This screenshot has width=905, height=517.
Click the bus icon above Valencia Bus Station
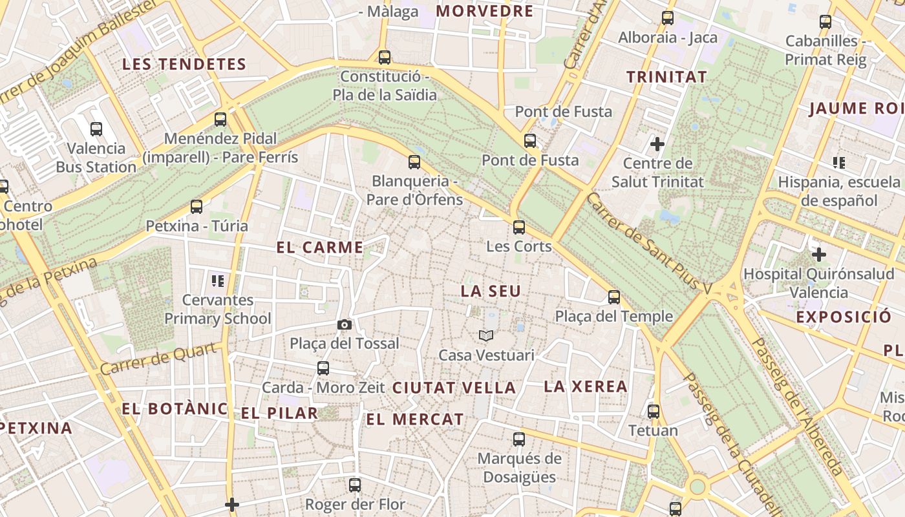tap(96, 129)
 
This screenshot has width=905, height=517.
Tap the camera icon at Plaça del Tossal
tap(345, 324)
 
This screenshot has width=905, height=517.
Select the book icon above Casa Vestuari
tap(486, 335)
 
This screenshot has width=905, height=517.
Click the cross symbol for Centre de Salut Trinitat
tap(657, 143)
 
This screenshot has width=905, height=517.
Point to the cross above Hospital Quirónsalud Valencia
tap(819, 255)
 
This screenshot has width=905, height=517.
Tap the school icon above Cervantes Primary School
tap(217, 280)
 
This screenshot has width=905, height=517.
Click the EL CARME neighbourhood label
tap(320, 248)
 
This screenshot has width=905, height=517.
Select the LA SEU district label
tap(491, 291)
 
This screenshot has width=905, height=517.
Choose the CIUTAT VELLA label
tap(454, 388)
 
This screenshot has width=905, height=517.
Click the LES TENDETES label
tap(184, 64)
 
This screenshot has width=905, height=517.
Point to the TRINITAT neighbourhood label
tap(666, 77)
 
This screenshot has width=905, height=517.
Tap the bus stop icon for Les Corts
tap(519, 227)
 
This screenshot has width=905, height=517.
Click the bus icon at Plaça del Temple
tap(614, 297)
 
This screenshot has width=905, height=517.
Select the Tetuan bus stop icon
tap(654, 411)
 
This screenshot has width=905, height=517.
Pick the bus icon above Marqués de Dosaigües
tap(518, 439)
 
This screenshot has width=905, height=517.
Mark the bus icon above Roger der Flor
tap(354, 485)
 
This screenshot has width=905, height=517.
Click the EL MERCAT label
tap(415, 419)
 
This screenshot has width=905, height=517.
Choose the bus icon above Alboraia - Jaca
tap(668, 18)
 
